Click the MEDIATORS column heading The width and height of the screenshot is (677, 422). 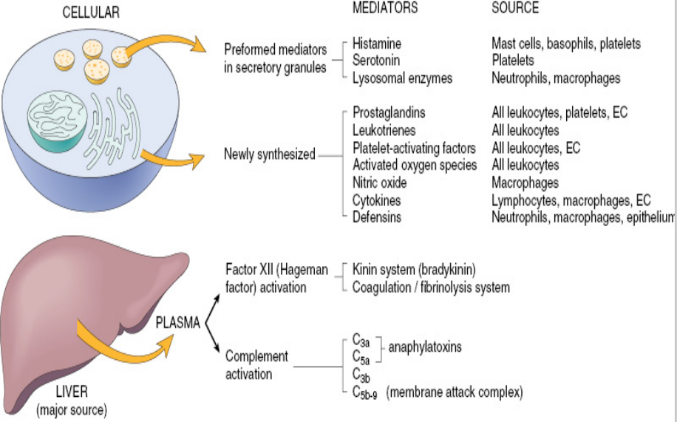[x=385, y=8]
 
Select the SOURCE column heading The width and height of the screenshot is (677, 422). [x=515, y=8]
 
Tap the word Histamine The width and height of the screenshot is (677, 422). [x=377, y=44]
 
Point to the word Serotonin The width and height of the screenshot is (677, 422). [x=377, y=60]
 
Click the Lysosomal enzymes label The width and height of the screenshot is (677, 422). [x=402, y=77]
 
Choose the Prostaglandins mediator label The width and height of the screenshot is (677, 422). [x=389, y=113]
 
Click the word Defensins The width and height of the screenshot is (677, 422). [x=377, y=217]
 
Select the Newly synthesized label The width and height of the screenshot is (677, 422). [x=269, y=154]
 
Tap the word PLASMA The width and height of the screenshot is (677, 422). [x=177, y=322]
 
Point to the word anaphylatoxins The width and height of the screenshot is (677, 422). [x=425, y=347]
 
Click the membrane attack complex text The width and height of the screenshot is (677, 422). [x=454, y=391]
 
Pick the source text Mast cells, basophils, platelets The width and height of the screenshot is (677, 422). [x=566, y=44]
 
